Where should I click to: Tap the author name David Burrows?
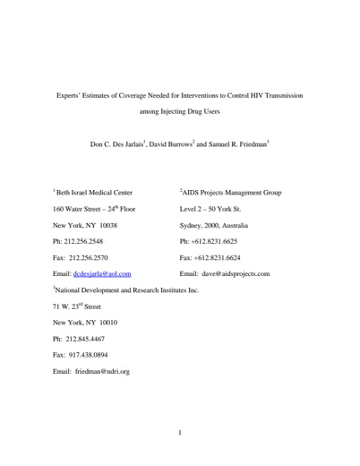(x=167, y=143)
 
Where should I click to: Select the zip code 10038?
(x=105, y=225)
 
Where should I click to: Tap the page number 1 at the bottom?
(x=180, y=432)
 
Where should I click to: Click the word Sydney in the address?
(x=191, y=225)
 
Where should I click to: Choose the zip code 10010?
(x=105, y=323)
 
